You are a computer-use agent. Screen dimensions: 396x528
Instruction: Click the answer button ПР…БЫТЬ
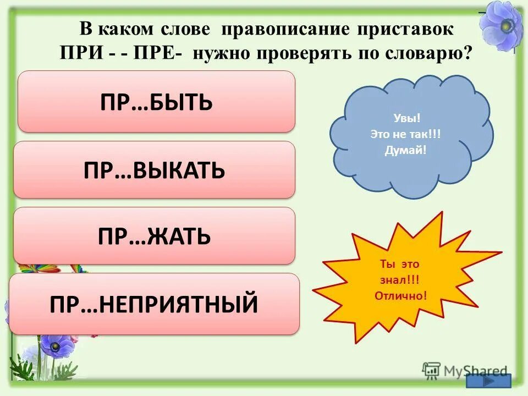[x=156, y=102]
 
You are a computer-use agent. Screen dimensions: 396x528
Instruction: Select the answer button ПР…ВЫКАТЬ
[x=154, y=170]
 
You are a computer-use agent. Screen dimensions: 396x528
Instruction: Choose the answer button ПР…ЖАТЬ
[x=154, y=236]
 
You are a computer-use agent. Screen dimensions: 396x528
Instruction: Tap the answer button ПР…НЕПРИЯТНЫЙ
[x=154, y=304]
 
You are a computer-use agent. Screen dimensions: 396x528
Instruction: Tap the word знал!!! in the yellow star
[x=399, y=279]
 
